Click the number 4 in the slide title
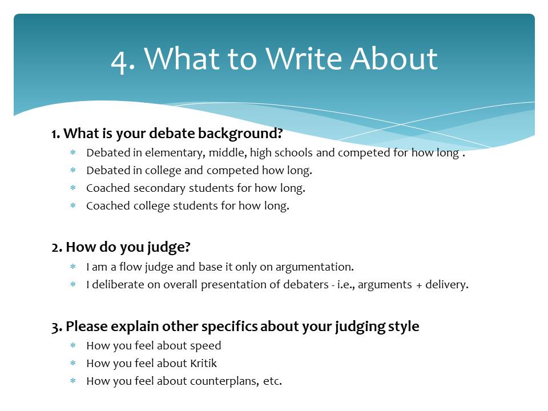[119, 59]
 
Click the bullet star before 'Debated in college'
[73, 171]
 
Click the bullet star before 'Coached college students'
[73, 206]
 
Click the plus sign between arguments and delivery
[419, 284]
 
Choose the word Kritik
[203, 363]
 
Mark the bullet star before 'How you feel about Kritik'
[73, 364]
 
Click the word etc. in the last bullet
[272, 381]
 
